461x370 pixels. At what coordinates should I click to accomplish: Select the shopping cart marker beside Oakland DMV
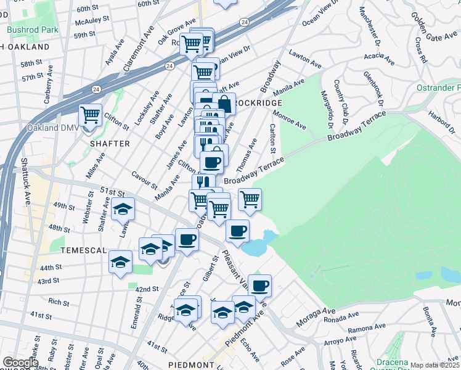tap(91, 115)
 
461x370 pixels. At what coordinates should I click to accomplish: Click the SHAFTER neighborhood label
tap(110, 144)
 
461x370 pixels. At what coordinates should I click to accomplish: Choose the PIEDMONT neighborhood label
tap(190, 365)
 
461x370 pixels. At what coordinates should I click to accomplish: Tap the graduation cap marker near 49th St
tap(123, 209)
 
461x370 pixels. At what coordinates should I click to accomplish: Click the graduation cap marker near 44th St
tap(121, 261)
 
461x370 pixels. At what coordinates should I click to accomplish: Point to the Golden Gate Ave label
tap(433, 28)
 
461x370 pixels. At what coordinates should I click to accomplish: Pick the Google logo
tap(20, 363)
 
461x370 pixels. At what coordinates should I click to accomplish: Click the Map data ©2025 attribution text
tap(435, 365)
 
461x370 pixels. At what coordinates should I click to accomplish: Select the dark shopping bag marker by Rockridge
tap(224, 104)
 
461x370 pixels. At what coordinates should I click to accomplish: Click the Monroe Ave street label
tap(290, 119)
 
